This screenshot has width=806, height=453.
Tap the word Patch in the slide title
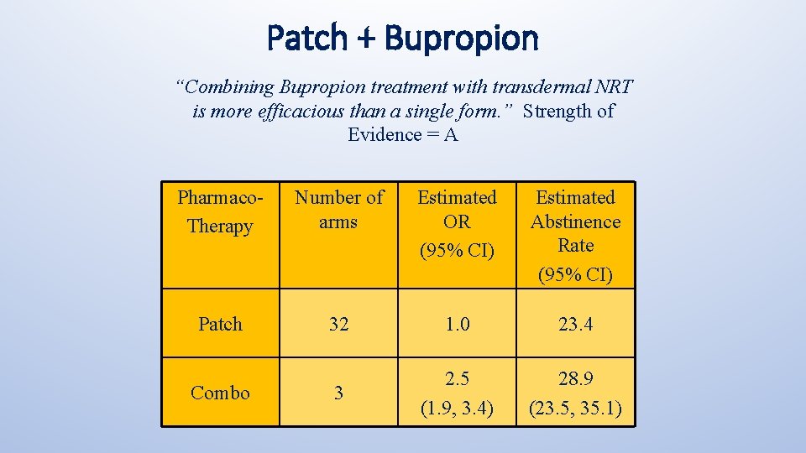click(x=306, y=38)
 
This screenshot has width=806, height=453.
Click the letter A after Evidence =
click(x=451, y=134)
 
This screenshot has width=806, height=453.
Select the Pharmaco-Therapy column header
click(x=220, y=211)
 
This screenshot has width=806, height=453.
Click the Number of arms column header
click(x=338, y=210)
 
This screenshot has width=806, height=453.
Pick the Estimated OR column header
click(x=457, y=221)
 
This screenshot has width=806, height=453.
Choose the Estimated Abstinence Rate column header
click(x=575, y=234)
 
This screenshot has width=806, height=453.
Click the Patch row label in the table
click(x=220, y=324)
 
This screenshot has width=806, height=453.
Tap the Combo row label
click(x=220, y=393)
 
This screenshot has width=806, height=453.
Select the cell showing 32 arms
click(x=338, y=324)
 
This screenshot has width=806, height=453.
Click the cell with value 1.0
click(x=457, y=324)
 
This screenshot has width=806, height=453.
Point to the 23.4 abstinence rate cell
click(x=575, y=324)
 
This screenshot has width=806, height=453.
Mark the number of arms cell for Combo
click(x=338, y=393)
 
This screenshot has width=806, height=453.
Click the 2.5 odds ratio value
click(x=457, y=379)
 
